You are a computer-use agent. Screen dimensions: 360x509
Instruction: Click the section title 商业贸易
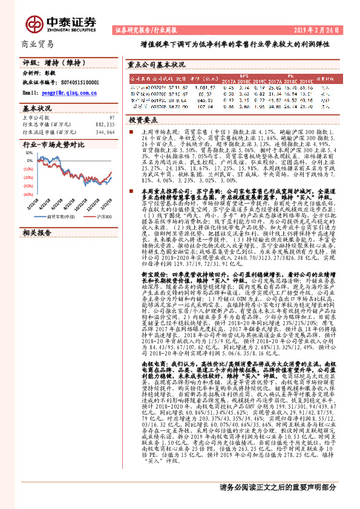(38, 44)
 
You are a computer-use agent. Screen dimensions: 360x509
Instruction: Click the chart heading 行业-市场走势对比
(52, 145)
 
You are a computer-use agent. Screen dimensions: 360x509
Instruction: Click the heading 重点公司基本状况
(157, 63)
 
